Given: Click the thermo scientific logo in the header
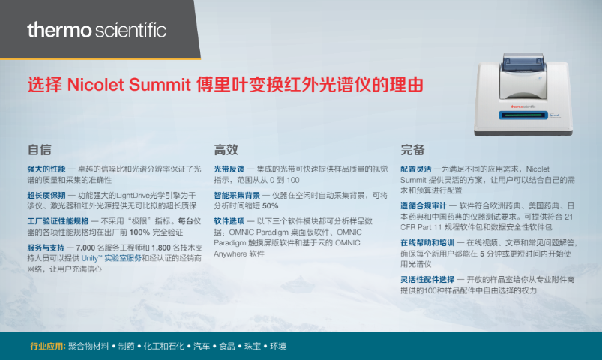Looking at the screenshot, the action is (x=97, y=30).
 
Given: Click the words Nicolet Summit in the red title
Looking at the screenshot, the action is (x=129, y=85).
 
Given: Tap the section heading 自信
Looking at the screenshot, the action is (x=39, y=149).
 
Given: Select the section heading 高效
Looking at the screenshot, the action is (x=226, y=149).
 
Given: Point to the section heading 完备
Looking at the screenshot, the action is (x=413, y=149).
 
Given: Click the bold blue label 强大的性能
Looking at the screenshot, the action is (x=46, y=169).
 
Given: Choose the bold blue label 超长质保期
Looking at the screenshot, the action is (x=46, y=195).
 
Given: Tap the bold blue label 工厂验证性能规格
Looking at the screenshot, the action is (x=58, y=221).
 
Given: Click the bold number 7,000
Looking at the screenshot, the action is (x=85, y=247).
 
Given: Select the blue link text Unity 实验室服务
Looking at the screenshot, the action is (x=112, y=258).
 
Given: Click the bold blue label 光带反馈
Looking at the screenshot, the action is (x=229, y=169).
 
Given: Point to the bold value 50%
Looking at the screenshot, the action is (x=271, y=206).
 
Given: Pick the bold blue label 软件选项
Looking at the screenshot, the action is (x=229, y=221).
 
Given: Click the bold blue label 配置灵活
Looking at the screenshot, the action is (x=416, y=169).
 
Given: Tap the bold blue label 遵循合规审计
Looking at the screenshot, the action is (x=424, y=206).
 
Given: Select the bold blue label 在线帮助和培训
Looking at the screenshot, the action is (x=427, y=242).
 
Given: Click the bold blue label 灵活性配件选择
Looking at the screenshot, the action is (x=427, y=279).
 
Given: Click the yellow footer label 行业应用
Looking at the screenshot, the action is (x=48, y=346).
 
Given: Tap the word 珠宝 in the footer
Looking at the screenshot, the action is (x=253, y=346).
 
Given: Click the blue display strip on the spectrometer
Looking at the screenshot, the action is (x=523, y=115).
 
